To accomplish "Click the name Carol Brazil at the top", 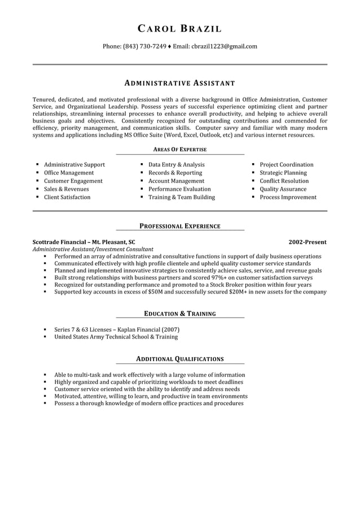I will coord(179,29).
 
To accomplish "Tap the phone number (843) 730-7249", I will coord(144,46).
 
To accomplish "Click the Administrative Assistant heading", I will coord(179,83).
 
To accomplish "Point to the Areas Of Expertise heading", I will coord(179,150).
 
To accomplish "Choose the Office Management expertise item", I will coord(69,173).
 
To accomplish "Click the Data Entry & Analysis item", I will coord(176,165).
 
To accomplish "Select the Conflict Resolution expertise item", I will coord(284,181).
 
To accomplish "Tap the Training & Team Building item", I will coord(181,198).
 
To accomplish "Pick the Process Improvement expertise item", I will coord(288,198).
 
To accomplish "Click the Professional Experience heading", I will coord(179,226).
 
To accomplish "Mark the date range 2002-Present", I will coord(307,242).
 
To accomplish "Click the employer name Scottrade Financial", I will coord(60,242).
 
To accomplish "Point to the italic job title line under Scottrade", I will coord(93,249).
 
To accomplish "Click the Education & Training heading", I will coord(179,314).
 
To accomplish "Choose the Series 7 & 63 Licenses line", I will coord(117,329).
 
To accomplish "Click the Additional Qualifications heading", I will coord(179,359).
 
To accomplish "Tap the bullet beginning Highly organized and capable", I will coord(148,382).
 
